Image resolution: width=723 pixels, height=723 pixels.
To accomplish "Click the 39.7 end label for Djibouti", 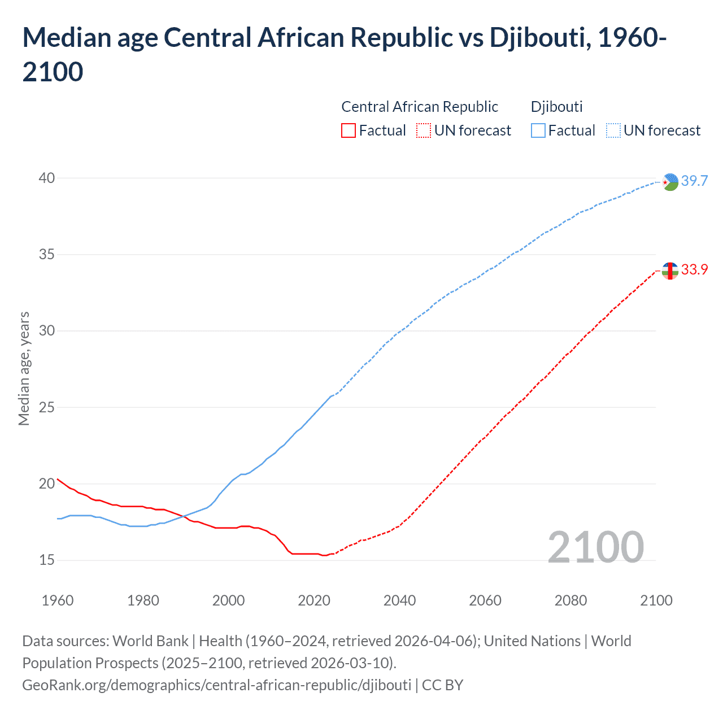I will [694, 181].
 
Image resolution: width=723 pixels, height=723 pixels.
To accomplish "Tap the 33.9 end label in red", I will [694, 270].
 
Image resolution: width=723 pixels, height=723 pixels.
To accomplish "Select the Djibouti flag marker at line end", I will [670, 182].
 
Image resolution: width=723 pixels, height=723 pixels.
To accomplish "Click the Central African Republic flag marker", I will [670, 271].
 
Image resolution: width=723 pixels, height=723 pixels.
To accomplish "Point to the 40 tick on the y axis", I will [47, 178].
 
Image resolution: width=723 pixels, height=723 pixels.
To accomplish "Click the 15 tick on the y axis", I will [47, 560].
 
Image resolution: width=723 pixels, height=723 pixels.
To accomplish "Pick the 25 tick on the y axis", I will [47, 407].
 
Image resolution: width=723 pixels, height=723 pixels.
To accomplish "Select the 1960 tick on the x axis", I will [58, 600].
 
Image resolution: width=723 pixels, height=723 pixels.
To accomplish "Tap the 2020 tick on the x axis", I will [314, 600].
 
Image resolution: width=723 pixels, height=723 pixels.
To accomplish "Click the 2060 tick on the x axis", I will [485, 600].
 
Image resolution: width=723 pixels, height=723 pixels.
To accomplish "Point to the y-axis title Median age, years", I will [24, 368].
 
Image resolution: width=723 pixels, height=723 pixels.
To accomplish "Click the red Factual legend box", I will [349, 131].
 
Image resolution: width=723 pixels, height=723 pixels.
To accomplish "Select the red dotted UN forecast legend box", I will [424, 131].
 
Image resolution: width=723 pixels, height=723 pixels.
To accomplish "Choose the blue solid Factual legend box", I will [538, 131].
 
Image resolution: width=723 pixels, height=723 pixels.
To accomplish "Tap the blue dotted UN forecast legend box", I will [613, 131].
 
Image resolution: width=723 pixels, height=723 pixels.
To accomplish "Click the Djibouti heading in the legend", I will [556, 107].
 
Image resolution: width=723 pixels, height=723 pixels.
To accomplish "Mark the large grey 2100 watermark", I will [595, 547].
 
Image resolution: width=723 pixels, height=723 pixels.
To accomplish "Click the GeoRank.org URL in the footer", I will [216, 685].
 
